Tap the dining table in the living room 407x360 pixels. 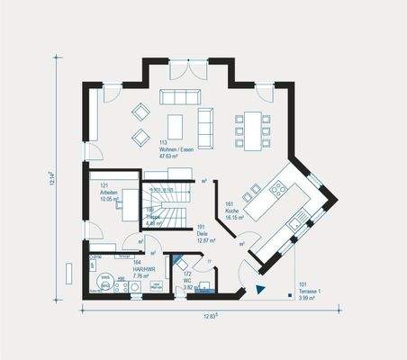(x=251, y=130)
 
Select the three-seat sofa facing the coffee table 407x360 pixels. (x=177, y=97)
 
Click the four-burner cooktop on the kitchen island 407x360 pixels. (x=278, y=188)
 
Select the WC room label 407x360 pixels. (x=187, y=282)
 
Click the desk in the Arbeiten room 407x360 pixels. (x=129, y=200)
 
